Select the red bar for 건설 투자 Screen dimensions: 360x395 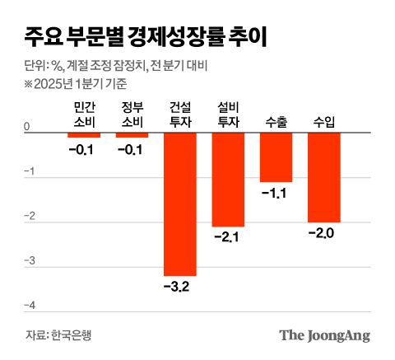point(180,203)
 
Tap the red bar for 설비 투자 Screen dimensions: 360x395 point(228,179)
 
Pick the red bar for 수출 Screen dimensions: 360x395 point(276,157)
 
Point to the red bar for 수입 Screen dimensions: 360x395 point(323,176)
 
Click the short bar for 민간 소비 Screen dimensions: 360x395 point(84,134)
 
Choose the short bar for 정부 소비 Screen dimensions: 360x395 point(132,134)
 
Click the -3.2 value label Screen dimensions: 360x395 point(180,288)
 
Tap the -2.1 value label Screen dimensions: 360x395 point(228,238)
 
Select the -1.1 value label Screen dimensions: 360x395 point(276,194)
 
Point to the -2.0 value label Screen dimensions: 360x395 point(323,234)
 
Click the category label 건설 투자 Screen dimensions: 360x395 point(180,115)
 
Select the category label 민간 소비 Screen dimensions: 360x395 point(85,115)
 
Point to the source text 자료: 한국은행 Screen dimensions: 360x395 point(59,335)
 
